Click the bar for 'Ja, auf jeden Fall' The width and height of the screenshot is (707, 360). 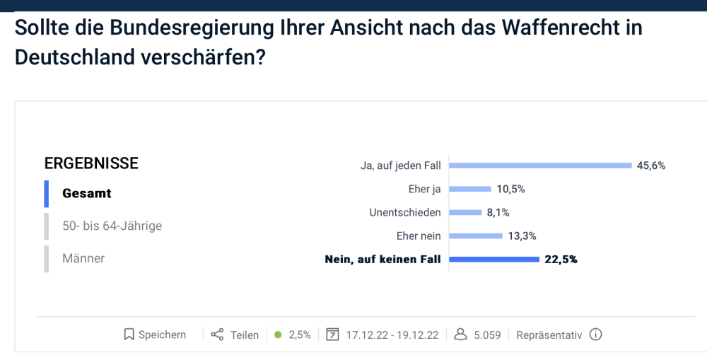tap(540, 166)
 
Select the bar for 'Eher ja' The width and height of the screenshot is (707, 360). tap(470, 189)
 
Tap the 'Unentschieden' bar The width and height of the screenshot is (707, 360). tap(466, 212)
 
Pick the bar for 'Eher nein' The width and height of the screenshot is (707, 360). tap(476, 236)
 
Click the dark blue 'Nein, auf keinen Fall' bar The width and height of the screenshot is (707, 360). tap(494, 259)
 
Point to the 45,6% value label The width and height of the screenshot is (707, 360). tap(651, 166)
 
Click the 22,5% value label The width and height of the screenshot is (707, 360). tap(561, 259)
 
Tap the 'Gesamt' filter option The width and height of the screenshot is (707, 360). tap(87, 193)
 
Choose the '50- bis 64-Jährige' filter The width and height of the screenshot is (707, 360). tap(112, 226)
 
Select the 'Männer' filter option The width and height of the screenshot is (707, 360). tap(83, 258)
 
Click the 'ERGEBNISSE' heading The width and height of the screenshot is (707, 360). tap(91, 163)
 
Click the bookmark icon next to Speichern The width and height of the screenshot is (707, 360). tap(129, 335)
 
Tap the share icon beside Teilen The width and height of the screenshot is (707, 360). tap(217, 335)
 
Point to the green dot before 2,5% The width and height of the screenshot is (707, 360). tap(278, 335)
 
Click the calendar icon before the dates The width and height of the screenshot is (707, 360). tap(332, 335)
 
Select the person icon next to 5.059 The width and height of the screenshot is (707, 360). tap(460, 335)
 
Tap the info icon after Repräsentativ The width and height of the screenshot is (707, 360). tap(595, 335)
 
